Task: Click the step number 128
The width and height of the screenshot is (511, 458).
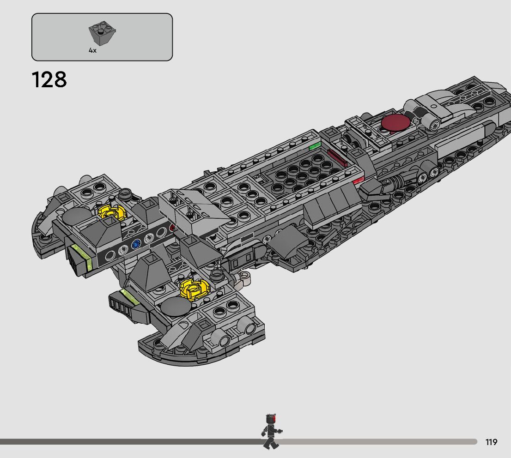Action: coord(49,79)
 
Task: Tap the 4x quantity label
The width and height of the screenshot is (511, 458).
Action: coord(93,50)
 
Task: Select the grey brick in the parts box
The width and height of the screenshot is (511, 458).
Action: coord(103,34)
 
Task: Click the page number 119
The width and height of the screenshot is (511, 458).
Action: coord(491,442)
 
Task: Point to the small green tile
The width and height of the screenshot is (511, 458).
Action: coord(315,146)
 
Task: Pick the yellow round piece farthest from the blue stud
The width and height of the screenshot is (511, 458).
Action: coord(195,289)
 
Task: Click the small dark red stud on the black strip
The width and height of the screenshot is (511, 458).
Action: coord(172,228)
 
